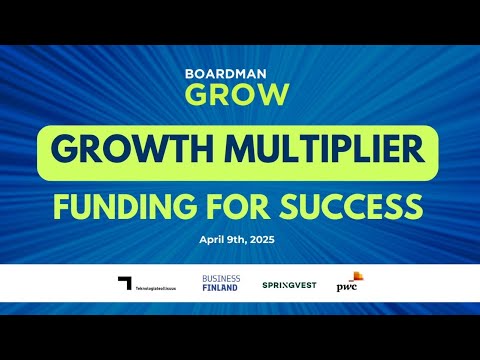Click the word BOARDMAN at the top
(240, 73)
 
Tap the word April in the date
(213, 241)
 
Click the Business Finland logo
(221, 283)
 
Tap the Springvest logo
(290, 285)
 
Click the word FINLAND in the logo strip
(221, 288)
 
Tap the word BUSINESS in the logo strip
(221, 278)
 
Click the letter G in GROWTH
(63, 152)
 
